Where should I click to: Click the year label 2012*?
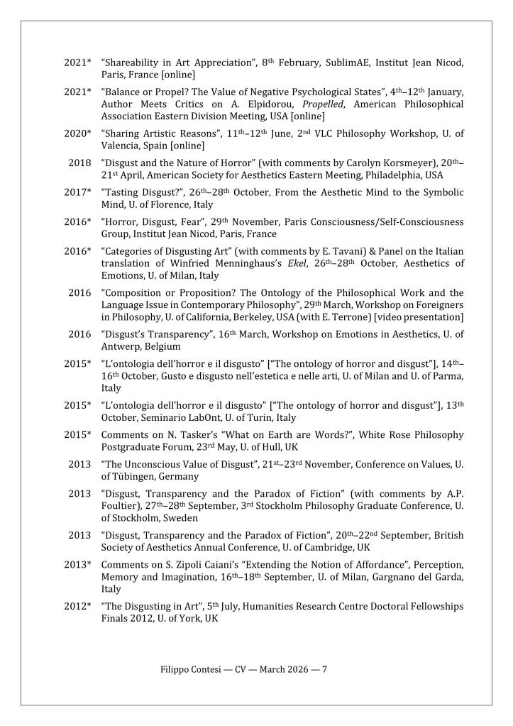click(x=77, y=607)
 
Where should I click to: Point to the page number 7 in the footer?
click(x=324, y=669)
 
